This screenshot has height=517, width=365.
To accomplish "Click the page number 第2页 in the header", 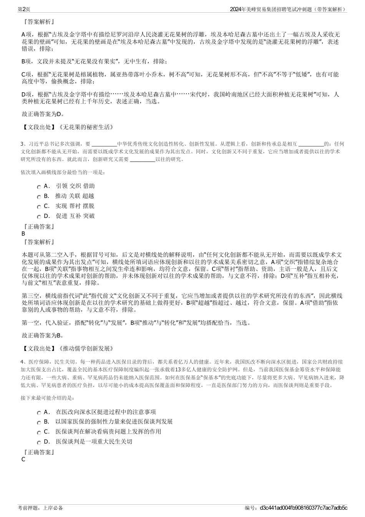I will point(24,9).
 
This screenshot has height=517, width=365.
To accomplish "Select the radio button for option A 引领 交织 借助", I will point(39,186).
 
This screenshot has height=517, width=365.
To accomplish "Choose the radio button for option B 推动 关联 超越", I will point(39,196).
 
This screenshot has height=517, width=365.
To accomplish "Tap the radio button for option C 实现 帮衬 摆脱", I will point(39,206).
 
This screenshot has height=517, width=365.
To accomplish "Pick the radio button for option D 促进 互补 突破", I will point(39,216).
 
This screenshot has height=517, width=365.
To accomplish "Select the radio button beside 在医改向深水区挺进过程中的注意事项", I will point(39,412).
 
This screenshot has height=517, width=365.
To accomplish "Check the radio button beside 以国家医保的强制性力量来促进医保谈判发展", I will point(39,422).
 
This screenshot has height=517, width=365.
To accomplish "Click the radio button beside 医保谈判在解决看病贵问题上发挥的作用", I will point(39,432).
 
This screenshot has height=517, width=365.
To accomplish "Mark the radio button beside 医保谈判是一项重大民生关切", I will point(39,442).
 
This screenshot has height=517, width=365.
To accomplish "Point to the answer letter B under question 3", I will point(23,233).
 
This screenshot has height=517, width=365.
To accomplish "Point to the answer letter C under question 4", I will point(23,459).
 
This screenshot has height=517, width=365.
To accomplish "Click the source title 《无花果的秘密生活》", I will point(86,127).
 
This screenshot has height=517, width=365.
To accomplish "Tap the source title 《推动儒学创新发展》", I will point(86,349).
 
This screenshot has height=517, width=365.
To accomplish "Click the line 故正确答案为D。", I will point(43,114).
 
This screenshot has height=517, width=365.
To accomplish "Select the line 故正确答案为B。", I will point(43,335).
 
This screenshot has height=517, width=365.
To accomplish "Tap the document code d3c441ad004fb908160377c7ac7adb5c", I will point(304,508).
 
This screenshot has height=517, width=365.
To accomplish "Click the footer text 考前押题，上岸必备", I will point(40,508).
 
